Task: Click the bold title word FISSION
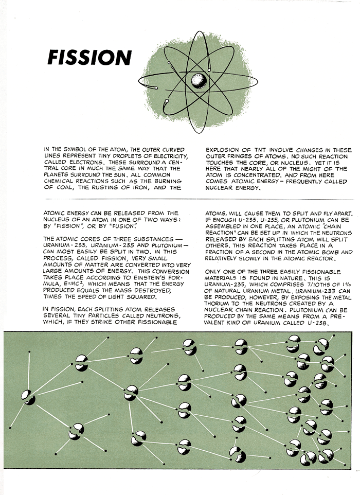(89, 58)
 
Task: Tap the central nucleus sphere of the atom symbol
(197, 79)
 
